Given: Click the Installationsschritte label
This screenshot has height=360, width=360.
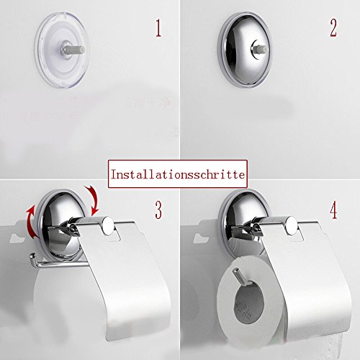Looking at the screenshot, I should [x=177, y=174].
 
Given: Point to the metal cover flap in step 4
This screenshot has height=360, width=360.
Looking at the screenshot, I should [x=310, y=288].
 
